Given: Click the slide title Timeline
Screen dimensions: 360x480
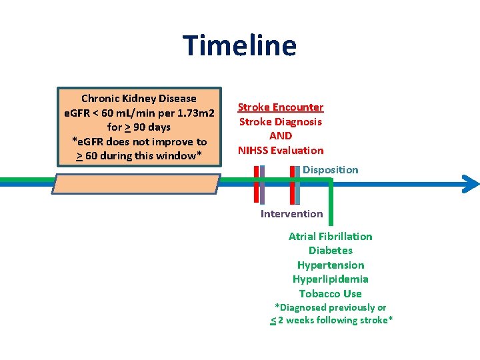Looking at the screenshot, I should coord(240,46).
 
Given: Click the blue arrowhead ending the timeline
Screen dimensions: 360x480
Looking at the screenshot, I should coord(471,184).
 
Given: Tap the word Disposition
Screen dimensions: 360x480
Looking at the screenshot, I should coord(330,170).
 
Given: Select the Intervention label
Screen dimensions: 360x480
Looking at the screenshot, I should coord(291,214).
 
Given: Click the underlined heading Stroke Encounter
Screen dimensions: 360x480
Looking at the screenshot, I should coord(281,107).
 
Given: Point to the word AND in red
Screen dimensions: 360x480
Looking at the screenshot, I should coord(281,136).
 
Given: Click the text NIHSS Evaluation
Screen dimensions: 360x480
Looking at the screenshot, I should coord(281,151).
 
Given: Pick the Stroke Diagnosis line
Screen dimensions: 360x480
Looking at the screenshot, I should coord(281,122).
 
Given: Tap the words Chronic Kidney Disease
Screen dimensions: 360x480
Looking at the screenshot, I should coord(139,99).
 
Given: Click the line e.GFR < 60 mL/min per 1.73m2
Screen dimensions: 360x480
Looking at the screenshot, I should coord(139,113).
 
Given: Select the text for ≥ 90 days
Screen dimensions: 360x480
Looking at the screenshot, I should coord(139,127).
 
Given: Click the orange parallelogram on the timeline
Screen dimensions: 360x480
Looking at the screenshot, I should coord(137,184).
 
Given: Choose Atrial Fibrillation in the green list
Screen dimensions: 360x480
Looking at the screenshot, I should coord(330,237).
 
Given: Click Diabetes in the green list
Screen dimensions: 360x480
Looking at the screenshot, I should coord(330,251).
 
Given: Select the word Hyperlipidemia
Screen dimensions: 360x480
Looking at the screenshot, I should coord(330,279).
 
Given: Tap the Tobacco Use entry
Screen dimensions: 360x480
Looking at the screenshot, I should coord(330,294).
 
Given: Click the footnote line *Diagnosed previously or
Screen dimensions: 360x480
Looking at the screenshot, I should coord(331,308).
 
